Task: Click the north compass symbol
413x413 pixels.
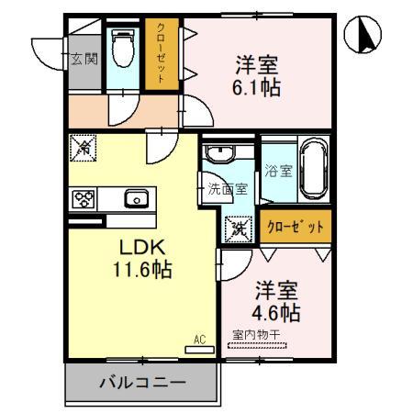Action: click(364, 37)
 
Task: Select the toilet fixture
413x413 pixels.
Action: click(121, 51)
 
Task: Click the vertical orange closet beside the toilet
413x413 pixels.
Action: click(161, 54)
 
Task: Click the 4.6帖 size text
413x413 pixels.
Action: click(276, 312)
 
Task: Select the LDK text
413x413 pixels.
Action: click(138, 248)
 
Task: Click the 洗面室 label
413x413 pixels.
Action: click(227, 190)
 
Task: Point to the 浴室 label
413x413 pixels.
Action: click(278, 170)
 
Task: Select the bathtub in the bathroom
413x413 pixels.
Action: click(312, 170)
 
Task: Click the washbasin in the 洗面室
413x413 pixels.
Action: click(220, 153)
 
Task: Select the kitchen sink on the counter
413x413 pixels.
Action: click(136, 198)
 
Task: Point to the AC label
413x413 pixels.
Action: click(199, 340)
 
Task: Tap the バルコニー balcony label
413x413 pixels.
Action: click(142, 384)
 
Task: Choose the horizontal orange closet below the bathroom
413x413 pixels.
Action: click(295, 227)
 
